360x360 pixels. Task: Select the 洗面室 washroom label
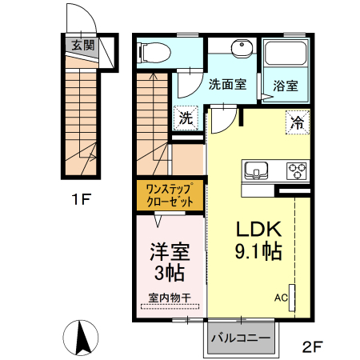pyautogui.click(x=226, y=84)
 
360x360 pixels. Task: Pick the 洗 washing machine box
pyautogui.click(x=186, y=118)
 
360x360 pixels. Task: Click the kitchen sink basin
pyautogui.click(x=258, y=170)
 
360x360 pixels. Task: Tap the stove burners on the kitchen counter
pyautogui.click(x=297, y=170)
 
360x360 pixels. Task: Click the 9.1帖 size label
pyautogui.click(x=257, y=251)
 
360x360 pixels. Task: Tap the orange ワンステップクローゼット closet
pyautogui.click(x=169, y=195)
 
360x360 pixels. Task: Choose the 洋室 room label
pyautogui.click(x=170, y=250)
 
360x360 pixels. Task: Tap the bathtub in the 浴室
pyautogui.click(x=286, y=55)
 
